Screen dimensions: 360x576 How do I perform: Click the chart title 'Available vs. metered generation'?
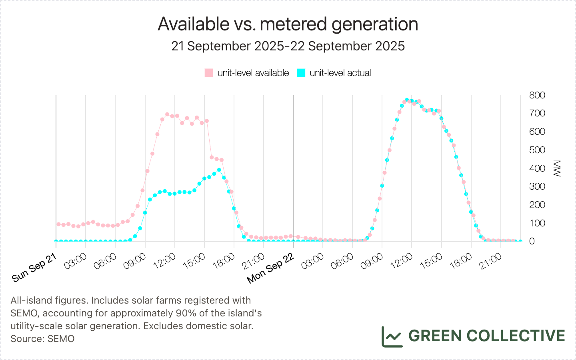click(288, 24)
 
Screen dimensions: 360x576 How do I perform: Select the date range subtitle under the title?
click(288, 46)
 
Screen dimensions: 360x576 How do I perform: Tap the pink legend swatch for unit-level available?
click(209, 73)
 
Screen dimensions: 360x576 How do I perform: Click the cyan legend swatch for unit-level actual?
click(301, 73)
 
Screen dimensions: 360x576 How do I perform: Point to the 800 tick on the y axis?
click(537, 95)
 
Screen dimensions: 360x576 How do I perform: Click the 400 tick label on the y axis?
click(537, 168)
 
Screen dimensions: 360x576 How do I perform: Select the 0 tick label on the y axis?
click(532, 241)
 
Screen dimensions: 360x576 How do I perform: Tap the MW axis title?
click(557, 168)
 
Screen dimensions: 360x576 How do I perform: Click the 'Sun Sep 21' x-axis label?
click(34, 268)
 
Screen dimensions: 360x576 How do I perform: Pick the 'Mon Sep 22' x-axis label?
click(271, 269)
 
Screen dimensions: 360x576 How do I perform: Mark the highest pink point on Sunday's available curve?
click(167, 114)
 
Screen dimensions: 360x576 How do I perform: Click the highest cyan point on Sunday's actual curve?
click(219, 170)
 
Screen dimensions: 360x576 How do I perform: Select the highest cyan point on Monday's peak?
click(407, 100)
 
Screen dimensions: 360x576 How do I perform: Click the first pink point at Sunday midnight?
click(58, 224)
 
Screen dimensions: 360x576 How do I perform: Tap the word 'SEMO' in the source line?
click(61, 339)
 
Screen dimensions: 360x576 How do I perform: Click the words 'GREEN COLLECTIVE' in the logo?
click(486, 336)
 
